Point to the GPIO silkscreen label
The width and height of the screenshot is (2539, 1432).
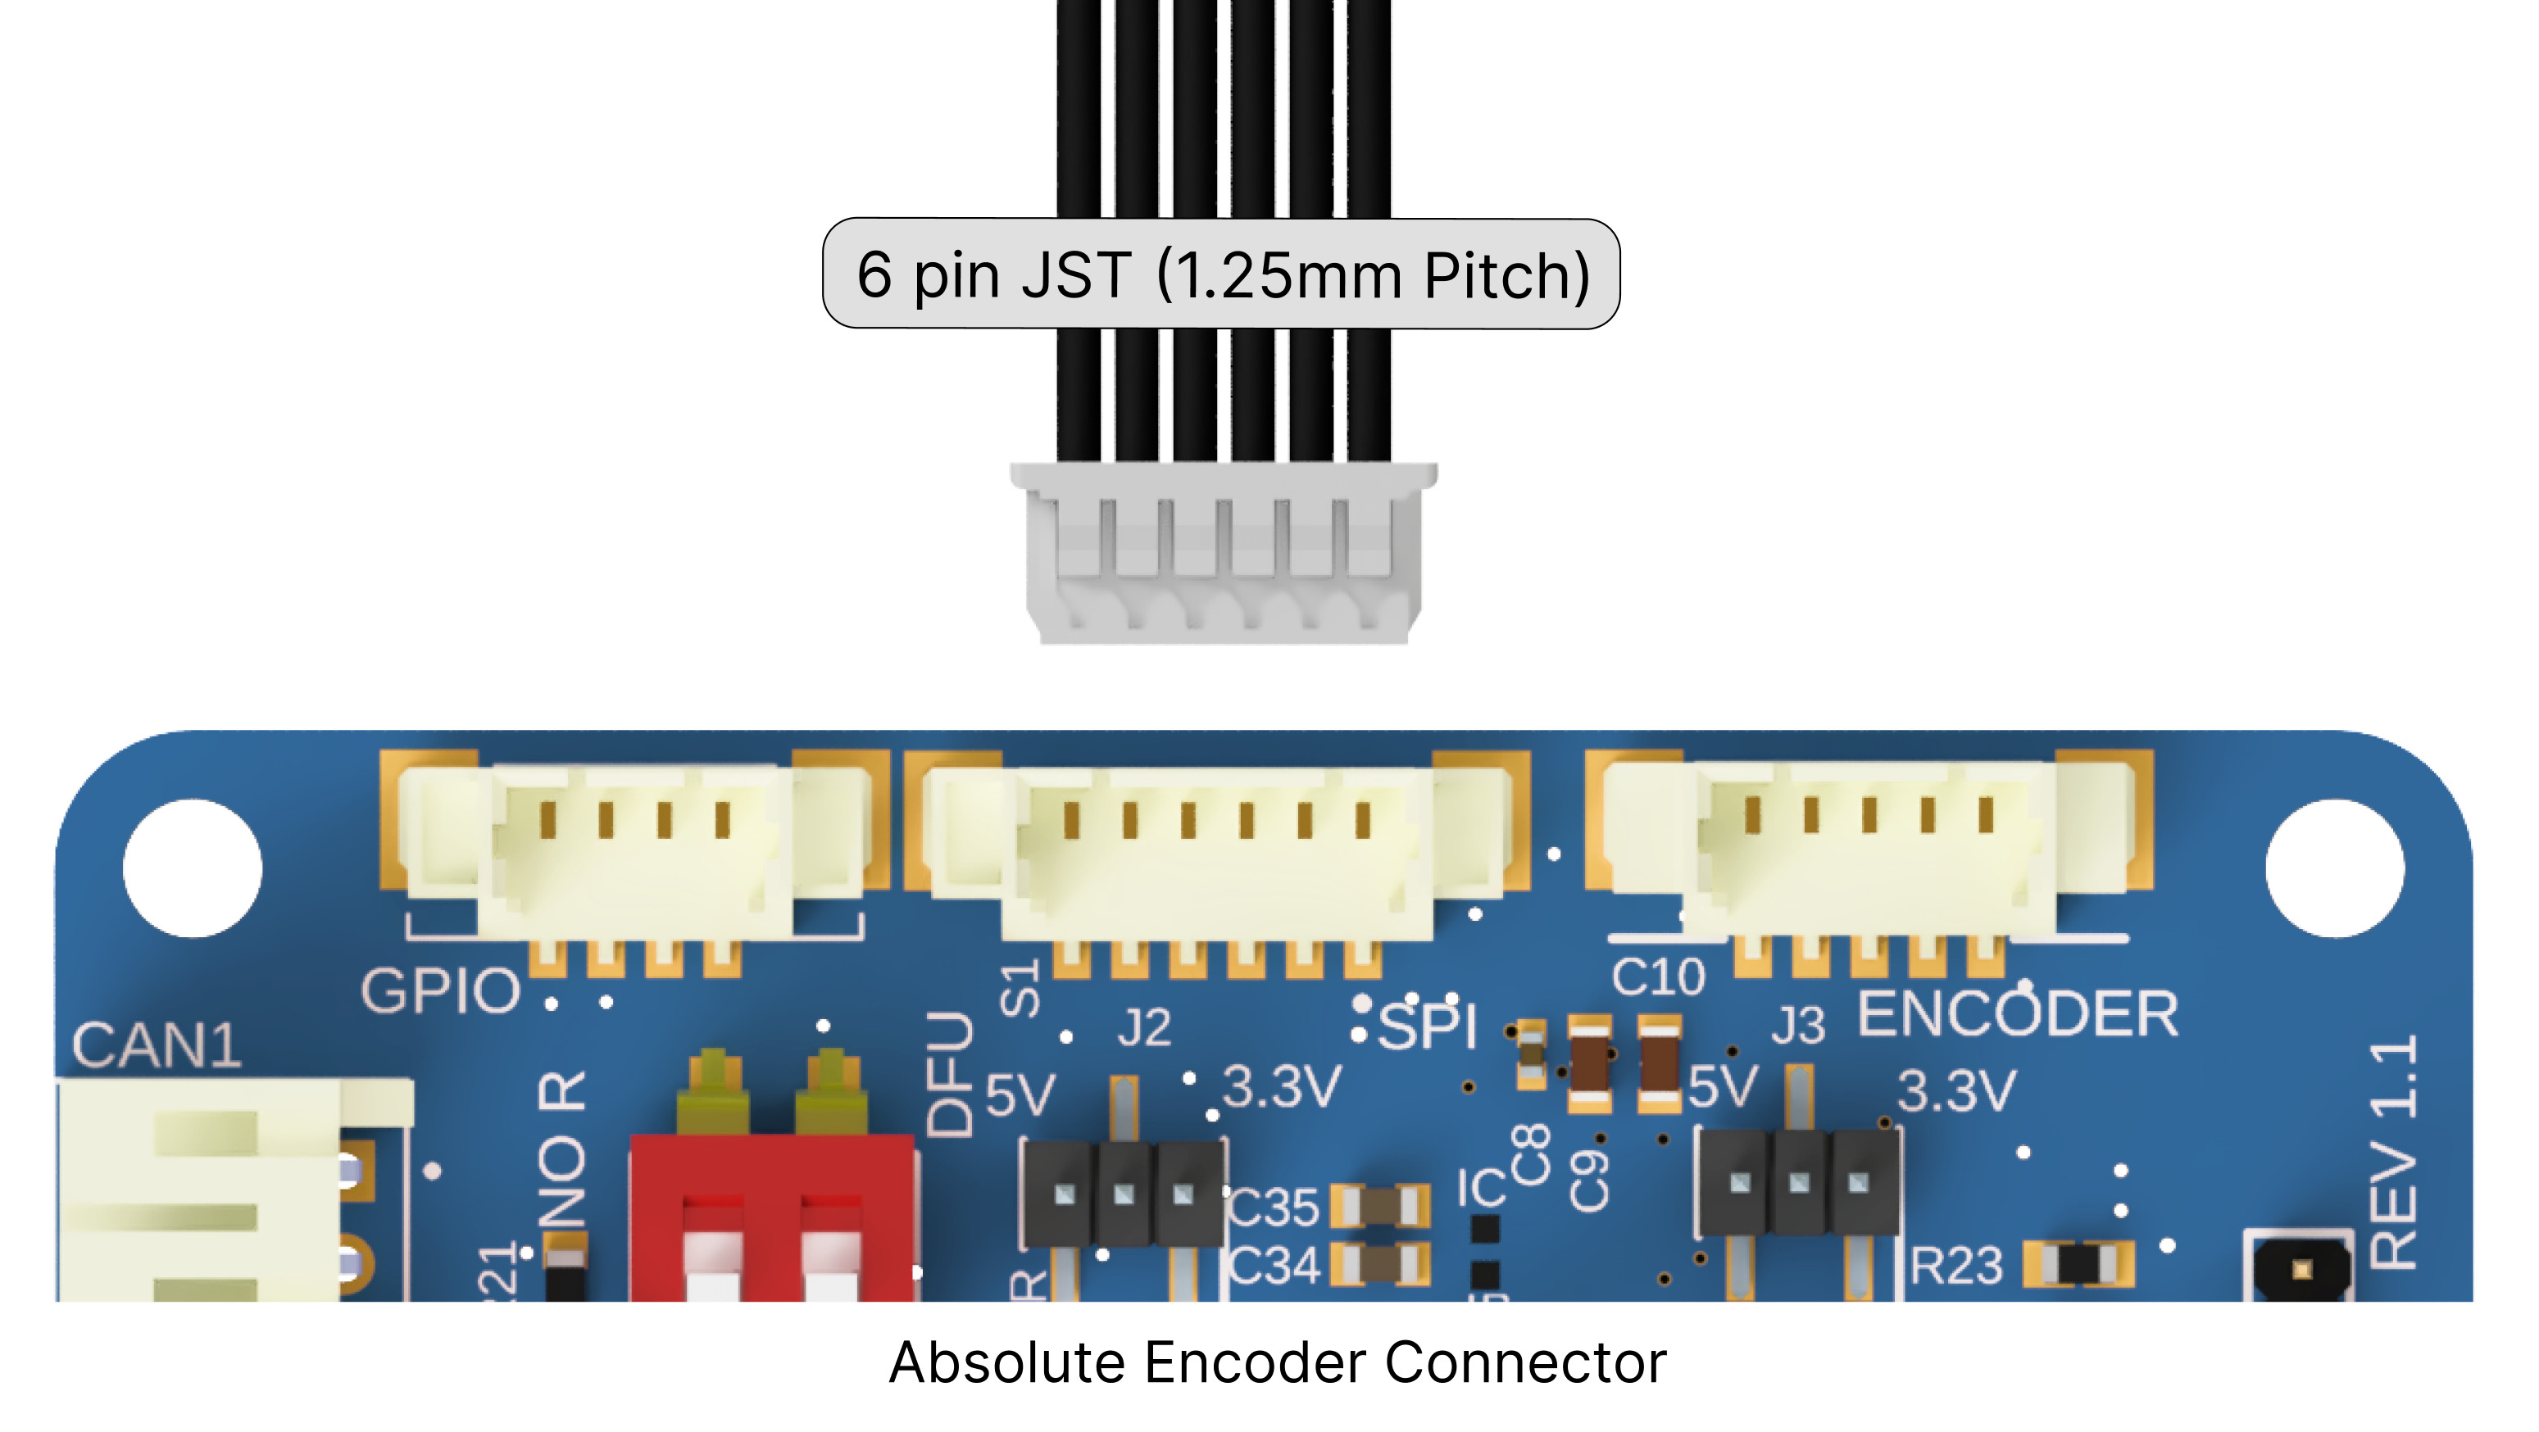click(x=439, y=990)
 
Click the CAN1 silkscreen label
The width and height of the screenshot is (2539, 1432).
click(x=157, y=1045)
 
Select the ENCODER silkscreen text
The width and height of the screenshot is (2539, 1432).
click(x=2018, y=1014)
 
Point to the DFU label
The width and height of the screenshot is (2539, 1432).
click(x=950, y=1073)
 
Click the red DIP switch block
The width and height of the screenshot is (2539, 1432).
click(x=773, y=1217)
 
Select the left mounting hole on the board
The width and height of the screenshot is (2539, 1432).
click(x=193, y=868)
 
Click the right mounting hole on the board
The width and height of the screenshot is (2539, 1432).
click(x=2334, y=868)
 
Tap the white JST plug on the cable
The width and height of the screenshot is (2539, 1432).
click(x=1223, y=554)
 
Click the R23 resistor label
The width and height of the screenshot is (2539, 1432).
click(x=1956, y=1267)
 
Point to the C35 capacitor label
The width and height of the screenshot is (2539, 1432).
click(x=1274, y=1208)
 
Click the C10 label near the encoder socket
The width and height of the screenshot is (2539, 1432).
click(x=1658, y=977)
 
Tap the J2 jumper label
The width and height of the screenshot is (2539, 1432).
click(x=1144, y=1028)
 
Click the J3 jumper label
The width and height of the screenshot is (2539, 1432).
click(x=1798, y=1026)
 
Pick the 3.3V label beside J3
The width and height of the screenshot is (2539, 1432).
click(x=1956, y=1090)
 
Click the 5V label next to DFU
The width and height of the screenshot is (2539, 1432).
click(x=1020, y=1094)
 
